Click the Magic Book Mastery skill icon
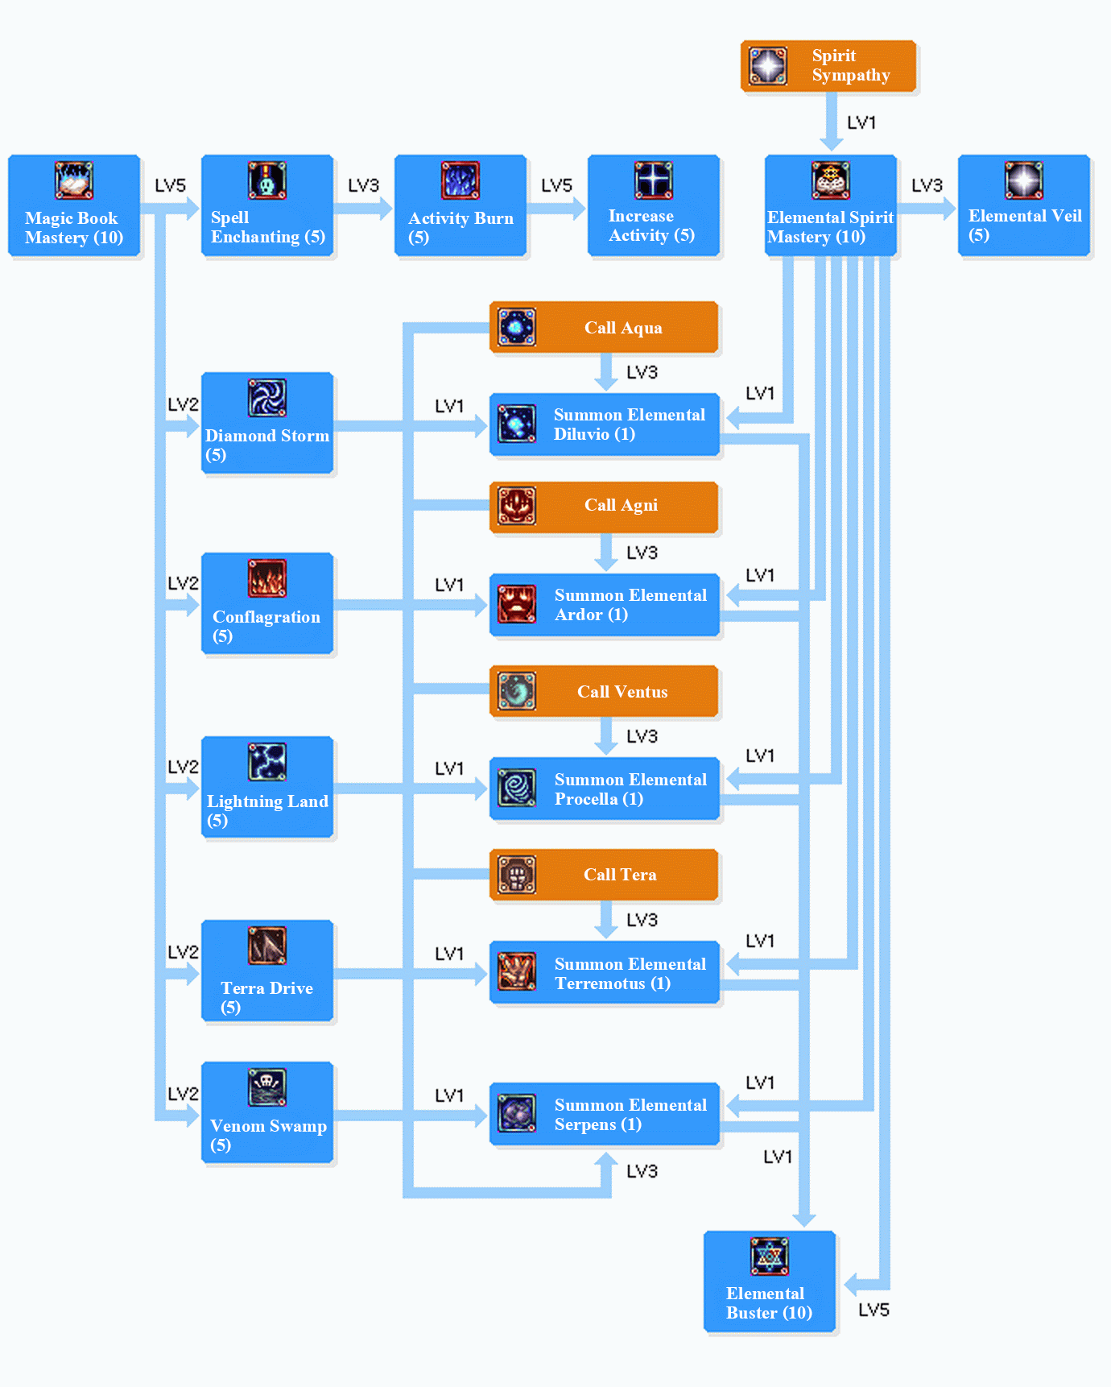click(74, 180)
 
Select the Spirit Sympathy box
click(828, 66)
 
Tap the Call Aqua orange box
click(604, 327)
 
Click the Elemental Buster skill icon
click(770, 1257)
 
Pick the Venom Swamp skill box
click(267, 1112)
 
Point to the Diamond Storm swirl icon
click(267, 398)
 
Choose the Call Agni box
click(604, 506)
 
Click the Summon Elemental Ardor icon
click(517, 604)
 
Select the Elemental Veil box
click(1024, 206)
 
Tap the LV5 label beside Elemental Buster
click(874, 1310)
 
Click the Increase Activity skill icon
click(654, 180)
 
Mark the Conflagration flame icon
click(267, 578)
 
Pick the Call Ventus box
click(604, 691)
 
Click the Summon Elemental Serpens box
click(605, 1114)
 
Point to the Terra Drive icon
click(267, 946)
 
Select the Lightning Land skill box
click(267, 788)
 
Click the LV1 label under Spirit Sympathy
click(861, 122)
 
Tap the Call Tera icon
click(517, 875)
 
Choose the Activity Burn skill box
click(461, 206)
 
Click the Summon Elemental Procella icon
click(517, 788)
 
